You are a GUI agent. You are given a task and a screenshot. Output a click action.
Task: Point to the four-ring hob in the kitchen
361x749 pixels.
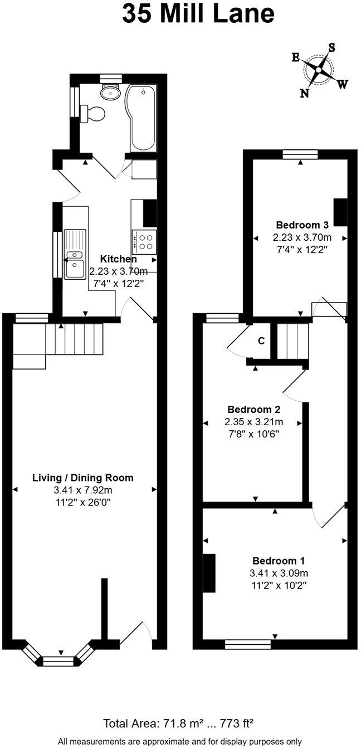[x=144, y=241]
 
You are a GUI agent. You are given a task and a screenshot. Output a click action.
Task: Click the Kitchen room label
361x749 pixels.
[x=118, y=259]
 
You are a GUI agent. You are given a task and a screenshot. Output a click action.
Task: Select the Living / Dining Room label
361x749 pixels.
[x=83, y=478]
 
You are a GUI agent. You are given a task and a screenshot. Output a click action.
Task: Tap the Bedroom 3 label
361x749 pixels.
[x=303, y=225]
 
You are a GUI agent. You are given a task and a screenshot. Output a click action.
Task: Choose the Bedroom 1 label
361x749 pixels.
[x=278, y=561]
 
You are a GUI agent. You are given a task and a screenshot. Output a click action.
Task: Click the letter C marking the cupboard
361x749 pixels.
[x=261, y=341]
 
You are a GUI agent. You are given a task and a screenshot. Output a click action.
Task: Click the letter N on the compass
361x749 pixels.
[x=304, y=93]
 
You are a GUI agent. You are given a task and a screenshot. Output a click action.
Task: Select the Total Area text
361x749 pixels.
[x=179, y=724]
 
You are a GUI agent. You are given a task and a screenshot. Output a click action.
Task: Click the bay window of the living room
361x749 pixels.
[x=59, y=660]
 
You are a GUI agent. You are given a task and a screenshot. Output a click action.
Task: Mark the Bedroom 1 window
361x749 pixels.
[x=248, y=644]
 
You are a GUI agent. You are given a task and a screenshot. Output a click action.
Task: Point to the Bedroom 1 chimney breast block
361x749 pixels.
[x=209, y=573]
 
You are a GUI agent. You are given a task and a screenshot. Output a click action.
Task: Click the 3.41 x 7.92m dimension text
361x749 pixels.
[x=83, y=490]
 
